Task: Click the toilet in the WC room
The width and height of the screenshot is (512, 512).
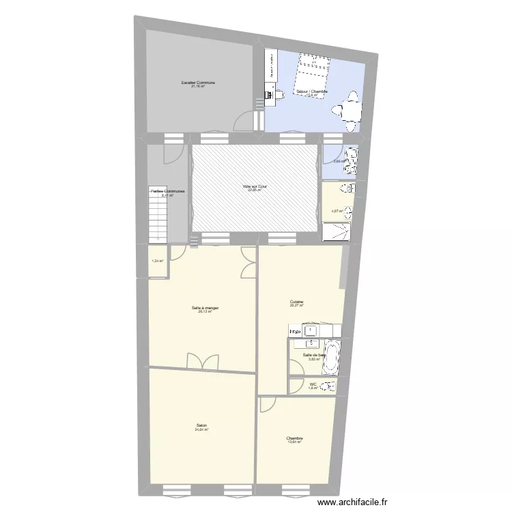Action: [330, 386]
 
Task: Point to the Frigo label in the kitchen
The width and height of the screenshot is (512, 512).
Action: [296, 332]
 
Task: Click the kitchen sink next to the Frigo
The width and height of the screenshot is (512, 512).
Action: [312, 331]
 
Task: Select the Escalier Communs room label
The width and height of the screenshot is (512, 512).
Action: [198, 83]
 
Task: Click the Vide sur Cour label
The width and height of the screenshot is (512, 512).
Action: [254, 186]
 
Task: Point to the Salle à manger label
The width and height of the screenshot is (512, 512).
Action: [205, 308]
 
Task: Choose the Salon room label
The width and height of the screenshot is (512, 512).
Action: [201, 425]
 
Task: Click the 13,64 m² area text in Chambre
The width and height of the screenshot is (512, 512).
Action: [295, 442]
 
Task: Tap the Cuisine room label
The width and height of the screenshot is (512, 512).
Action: [296, 302]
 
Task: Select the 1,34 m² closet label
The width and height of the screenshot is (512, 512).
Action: [158, 261]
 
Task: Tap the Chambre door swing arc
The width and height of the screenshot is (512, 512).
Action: [267, 404]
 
